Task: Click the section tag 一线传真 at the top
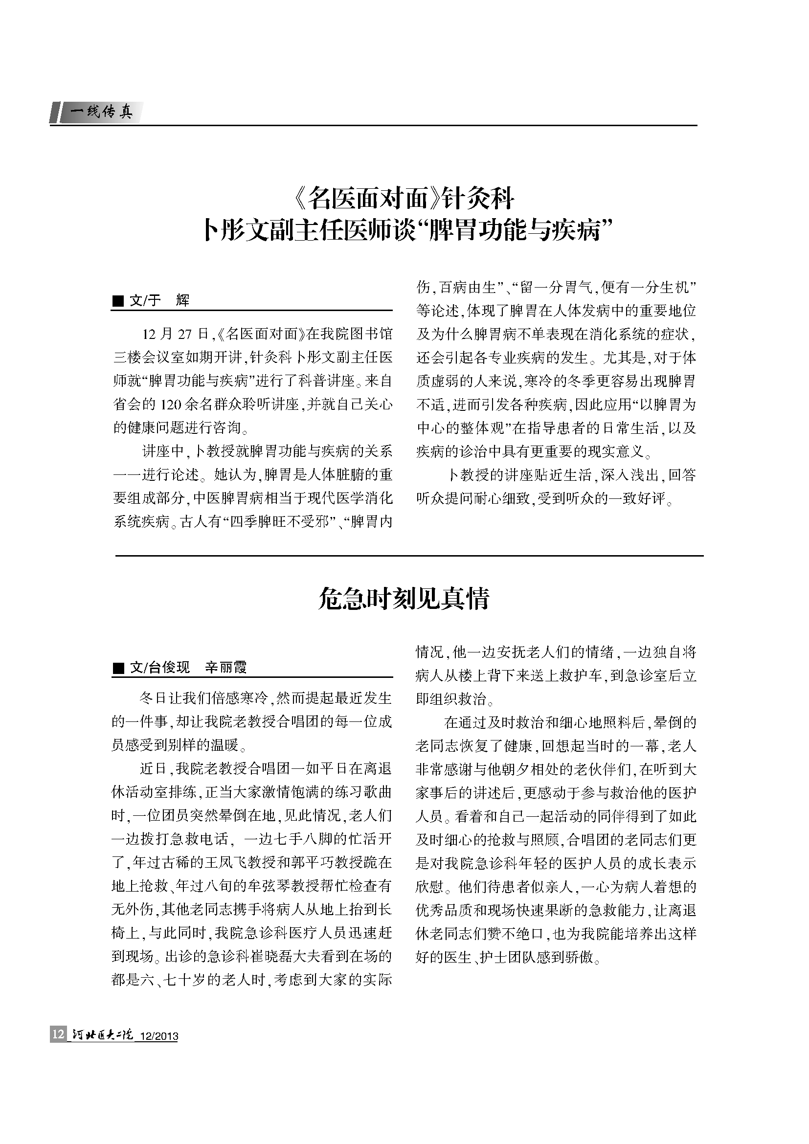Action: pos(102,113)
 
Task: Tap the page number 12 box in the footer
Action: pos(58,1034)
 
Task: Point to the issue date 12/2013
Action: pos(159,1036)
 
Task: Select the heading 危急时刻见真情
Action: pos(404,598)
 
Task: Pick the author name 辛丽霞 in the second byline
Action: pos(226,668)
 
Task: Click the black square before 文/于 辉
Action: pos(118,300)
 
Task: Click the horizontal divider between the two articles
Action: pos(409,556)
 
